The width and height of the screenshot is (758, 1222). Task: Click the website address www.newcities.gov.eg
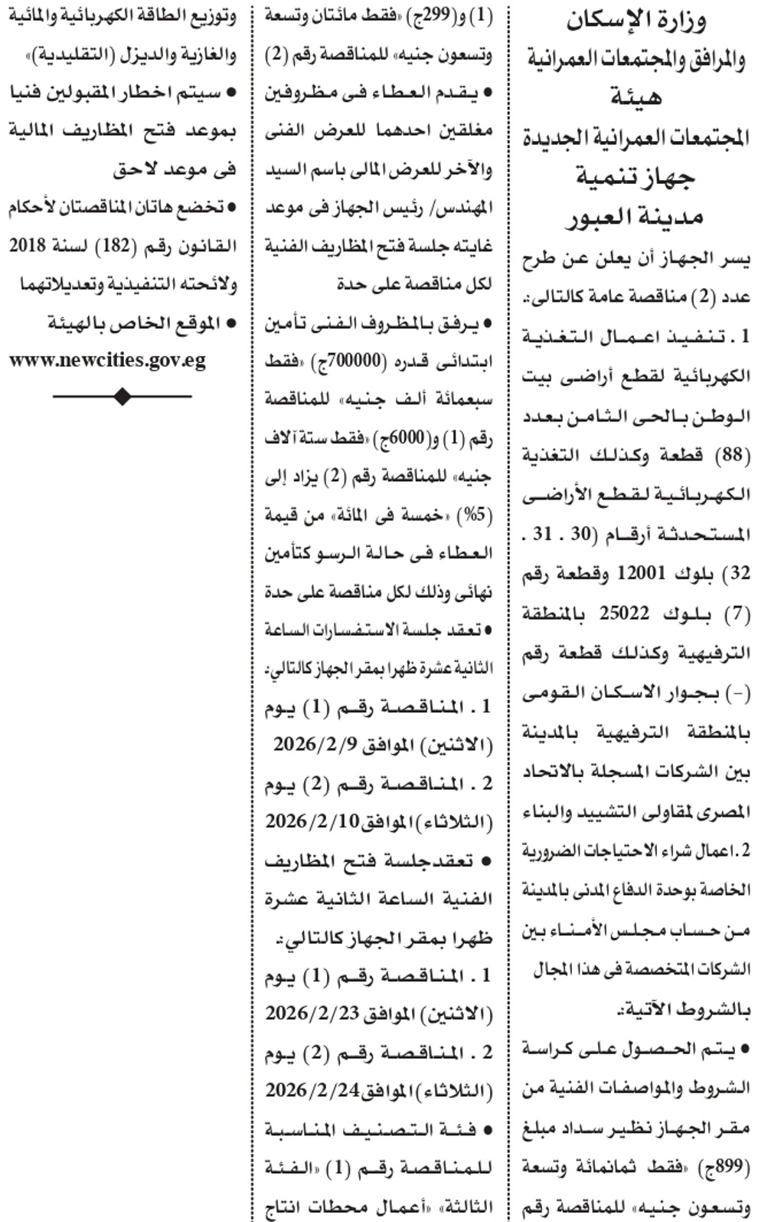click(x=108, y=360)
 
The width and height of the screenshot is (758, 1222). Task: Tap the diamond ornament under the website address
click(x=122, y=396)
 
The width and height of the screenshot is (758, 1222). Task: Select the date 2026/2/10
click(x=312, y=821)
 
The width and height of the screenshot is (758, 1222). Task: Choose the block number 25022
click(x=623, y=612)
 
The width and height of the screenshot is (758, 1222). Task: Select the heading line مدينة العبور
click(x=635, y=217)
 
